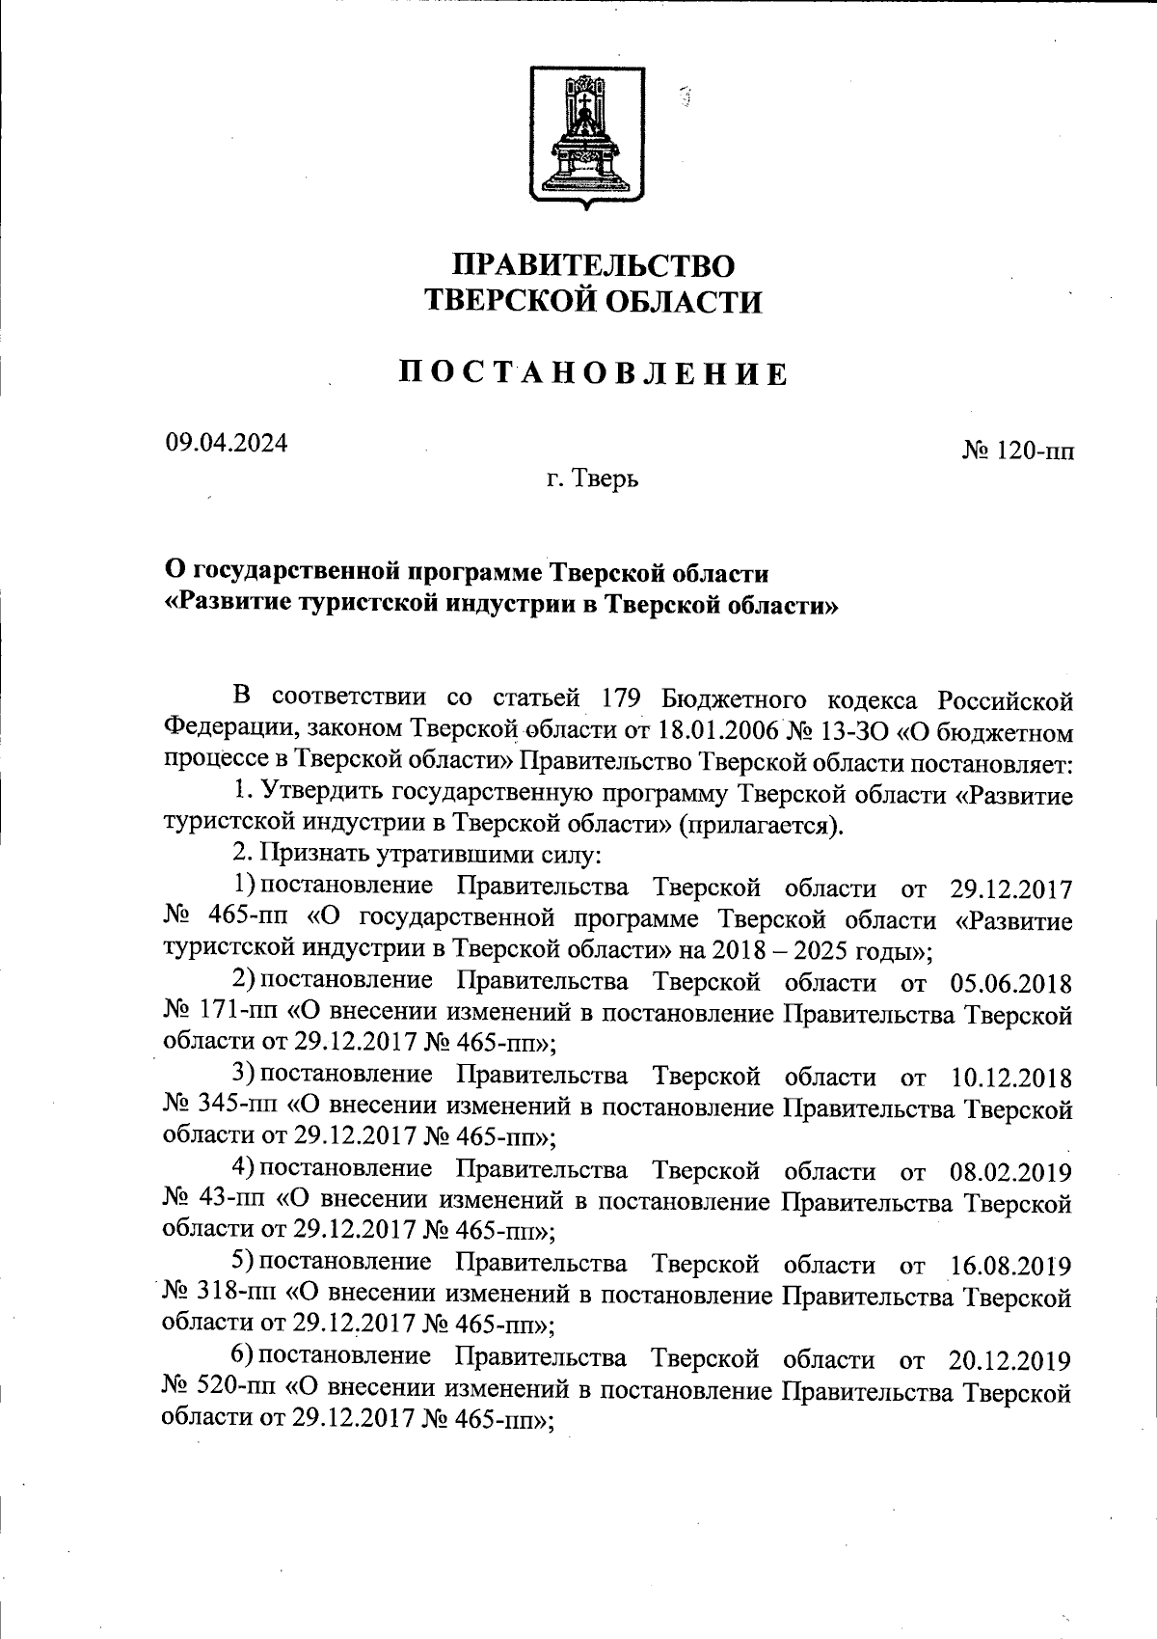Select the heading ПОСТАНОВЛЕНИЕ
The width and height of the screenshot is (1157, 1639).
coord(594,373)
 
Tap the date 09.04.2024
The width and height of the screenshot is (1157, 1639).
coord(226,443)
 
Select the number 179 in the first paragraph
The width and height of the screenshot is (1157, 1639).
coord(623,697)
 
